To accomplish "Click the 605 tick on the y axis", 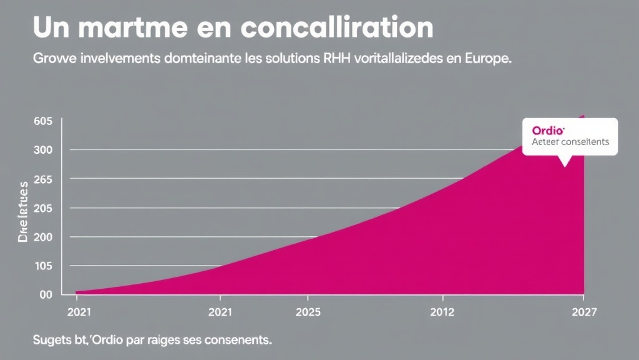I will [x=44, y=121].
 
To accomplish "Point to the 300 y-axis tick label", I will [x=44, y=150].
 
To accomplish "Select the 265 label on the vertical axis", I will [x=44, y=179].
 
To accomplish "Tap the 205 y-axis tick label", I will [x=44, y=208].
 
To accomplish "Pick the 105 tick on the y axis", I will [x=44, y=266].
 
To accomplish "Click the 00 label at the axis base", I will [x=46, y=295].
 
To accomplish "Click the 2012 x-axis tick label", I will [x=442, y=312].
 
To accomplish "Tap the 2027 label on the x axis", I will [x=583, y=312].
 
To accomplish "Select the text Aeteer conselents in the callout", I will [x=570, y=142].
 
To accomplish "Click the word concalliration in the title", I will [x=336, y=28].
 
